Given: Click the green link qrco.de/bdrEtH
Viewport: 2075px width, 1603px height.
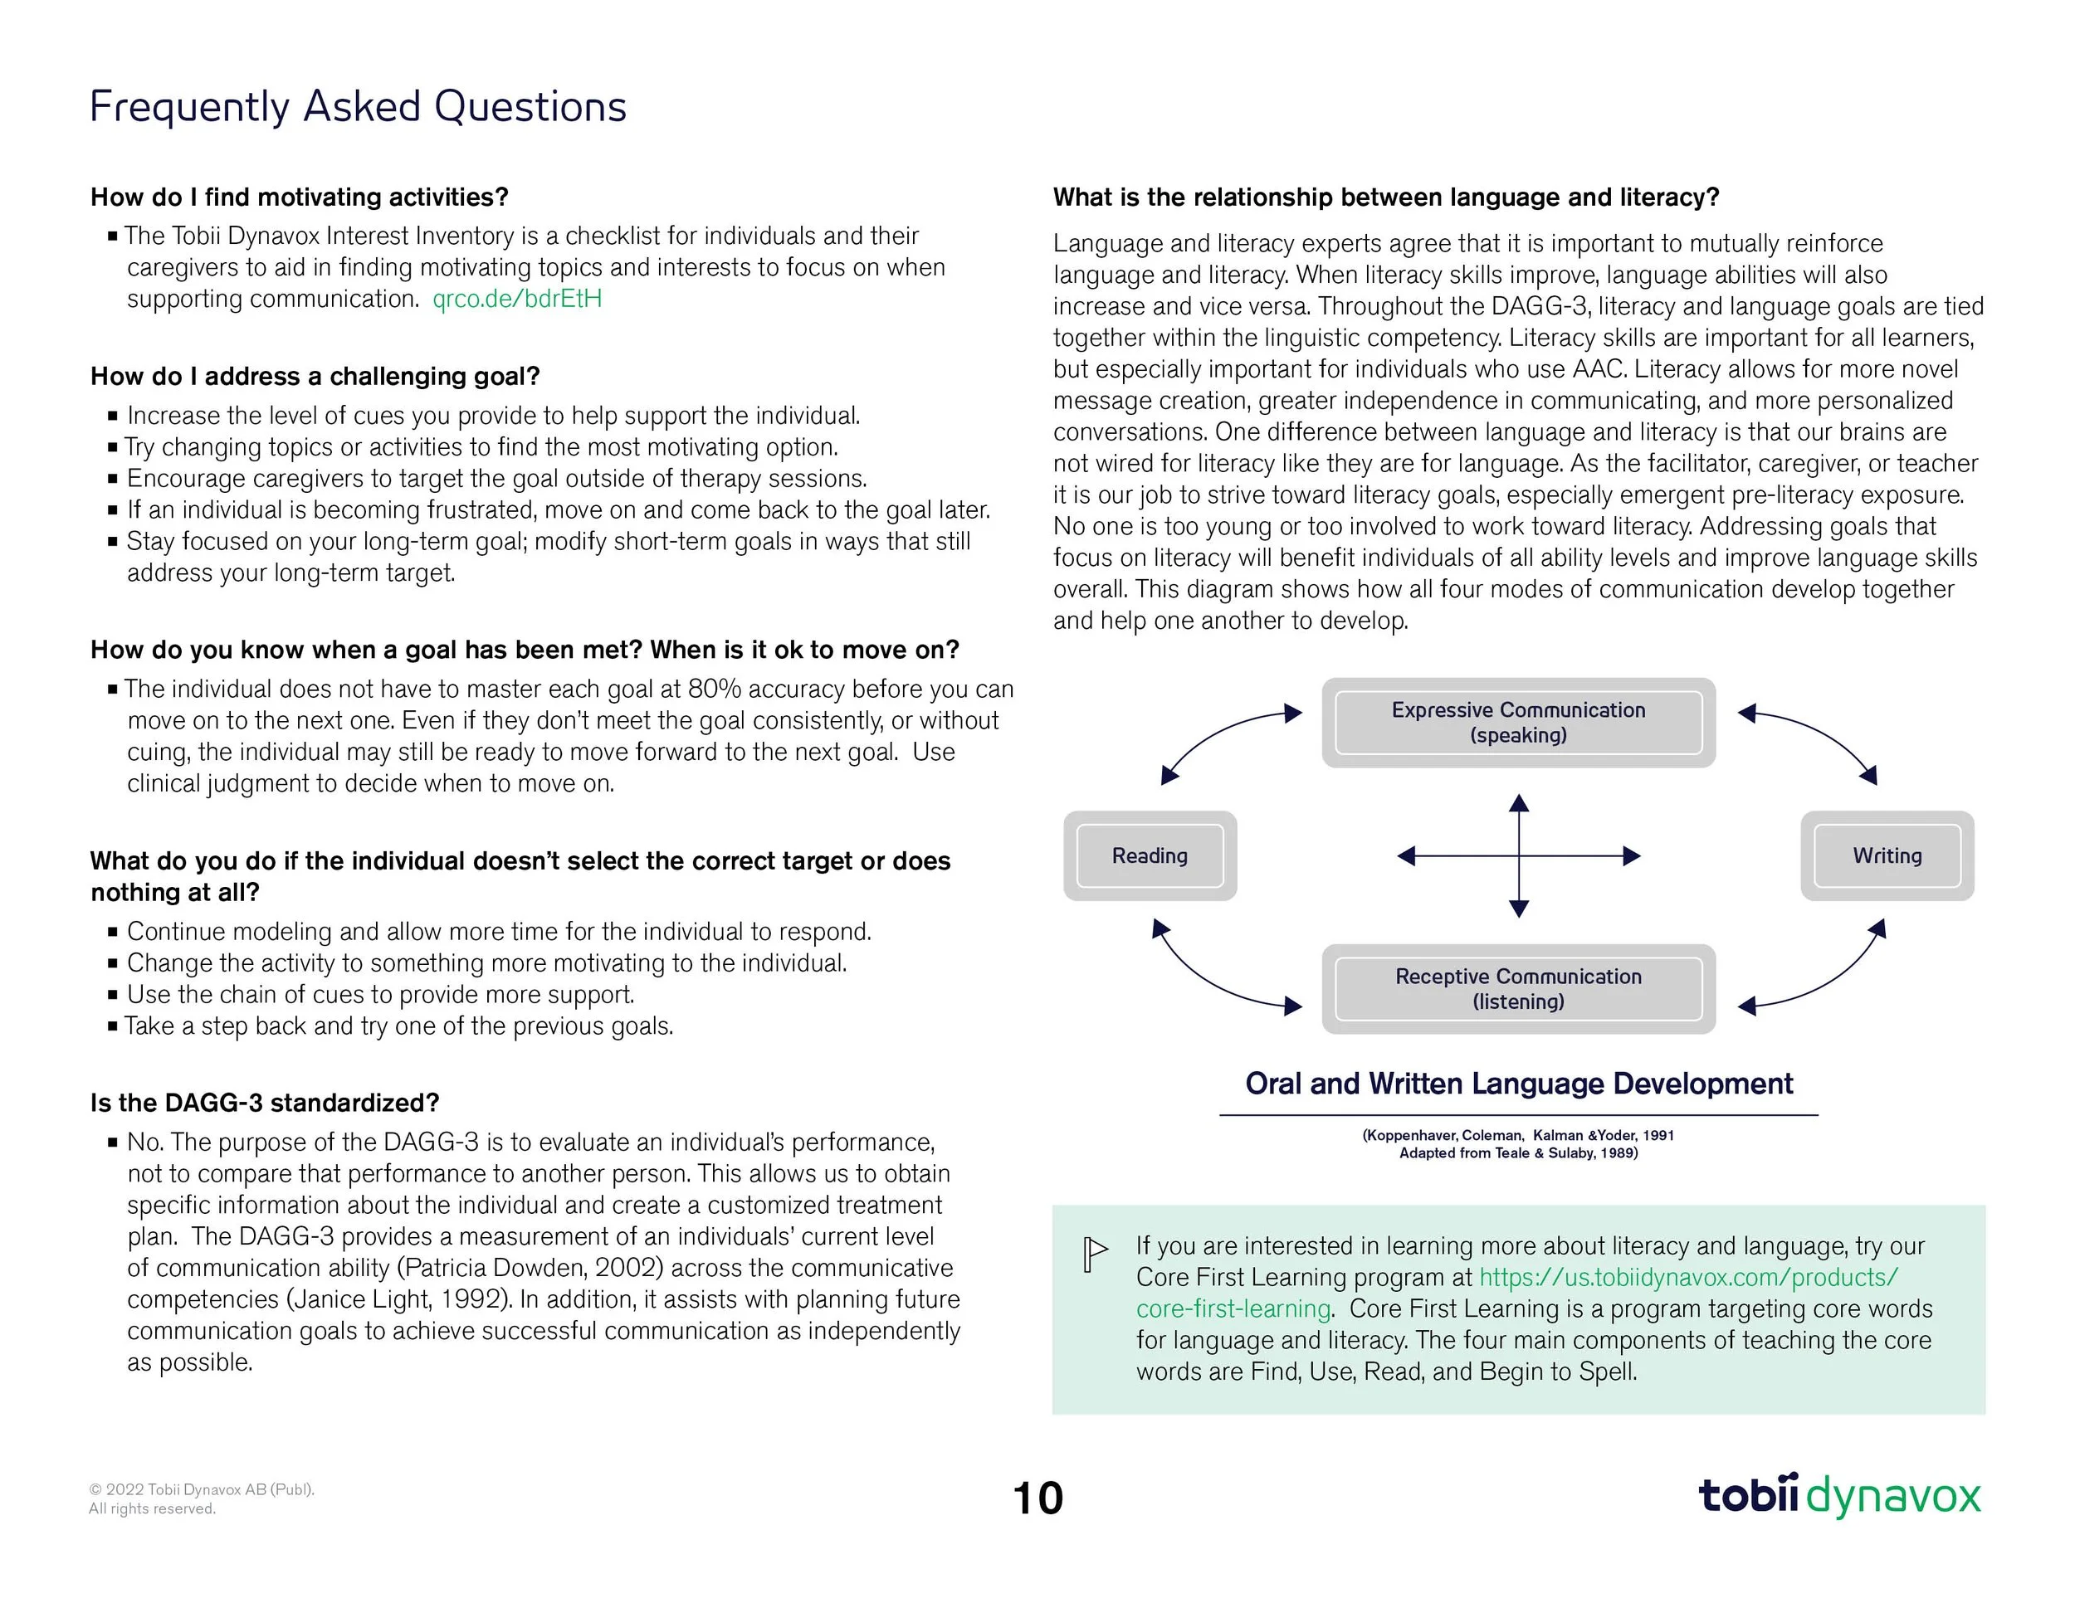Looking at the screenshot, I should coord(517,300).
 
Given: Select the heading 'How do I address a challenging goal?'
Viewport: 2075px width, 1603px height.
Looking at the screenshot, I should coord(315,377).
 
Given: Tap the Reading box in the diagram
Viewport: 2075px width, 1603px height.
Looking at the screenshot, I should coord(1150,855).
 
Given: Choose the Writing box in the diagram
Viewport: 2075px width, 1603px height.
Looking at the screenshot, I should coord(1887,855).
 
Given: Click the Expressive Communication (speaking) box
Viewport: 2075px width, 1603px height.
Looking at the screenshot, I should coord(1518,723).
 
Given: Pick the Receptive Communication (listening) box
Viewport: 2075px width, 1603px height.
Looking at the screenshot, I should coord(1518,988).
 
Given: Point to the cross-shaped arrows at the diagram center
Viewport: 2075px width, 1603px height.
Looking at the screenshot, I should coord(1518,855).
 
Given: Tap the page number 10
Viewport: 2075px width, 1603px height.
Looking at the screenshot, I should coord(1037,1498).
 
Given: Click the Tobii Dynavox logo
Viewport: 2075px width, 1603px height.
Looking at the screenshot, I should coord(1839,1496).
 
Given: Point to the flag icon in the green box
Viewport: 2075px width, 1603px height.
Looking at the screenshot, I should coord(1095,1254).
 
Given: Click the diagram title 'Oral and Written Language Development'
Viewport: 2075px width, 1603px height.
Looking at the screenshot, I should coord(1518,1084).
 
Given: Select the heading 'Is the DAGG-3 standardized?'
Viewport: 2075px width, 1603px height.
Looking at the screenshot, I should coord(264,1104).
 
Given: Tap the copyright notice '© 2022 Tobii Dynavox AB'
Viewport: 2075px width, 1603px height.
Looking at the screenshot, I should coord(202,1490).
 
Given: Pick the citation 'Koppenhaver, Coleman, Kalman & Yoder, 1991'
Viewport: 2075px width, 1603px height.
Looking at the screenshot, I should coord(1518,1136).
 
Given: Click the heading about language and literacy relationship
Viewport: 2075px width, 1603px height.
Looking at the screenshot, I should coord(1386,197).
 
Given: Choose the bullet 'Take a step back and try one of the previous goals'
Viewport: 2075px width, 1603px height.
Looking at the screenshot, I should coord(399,1026).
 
